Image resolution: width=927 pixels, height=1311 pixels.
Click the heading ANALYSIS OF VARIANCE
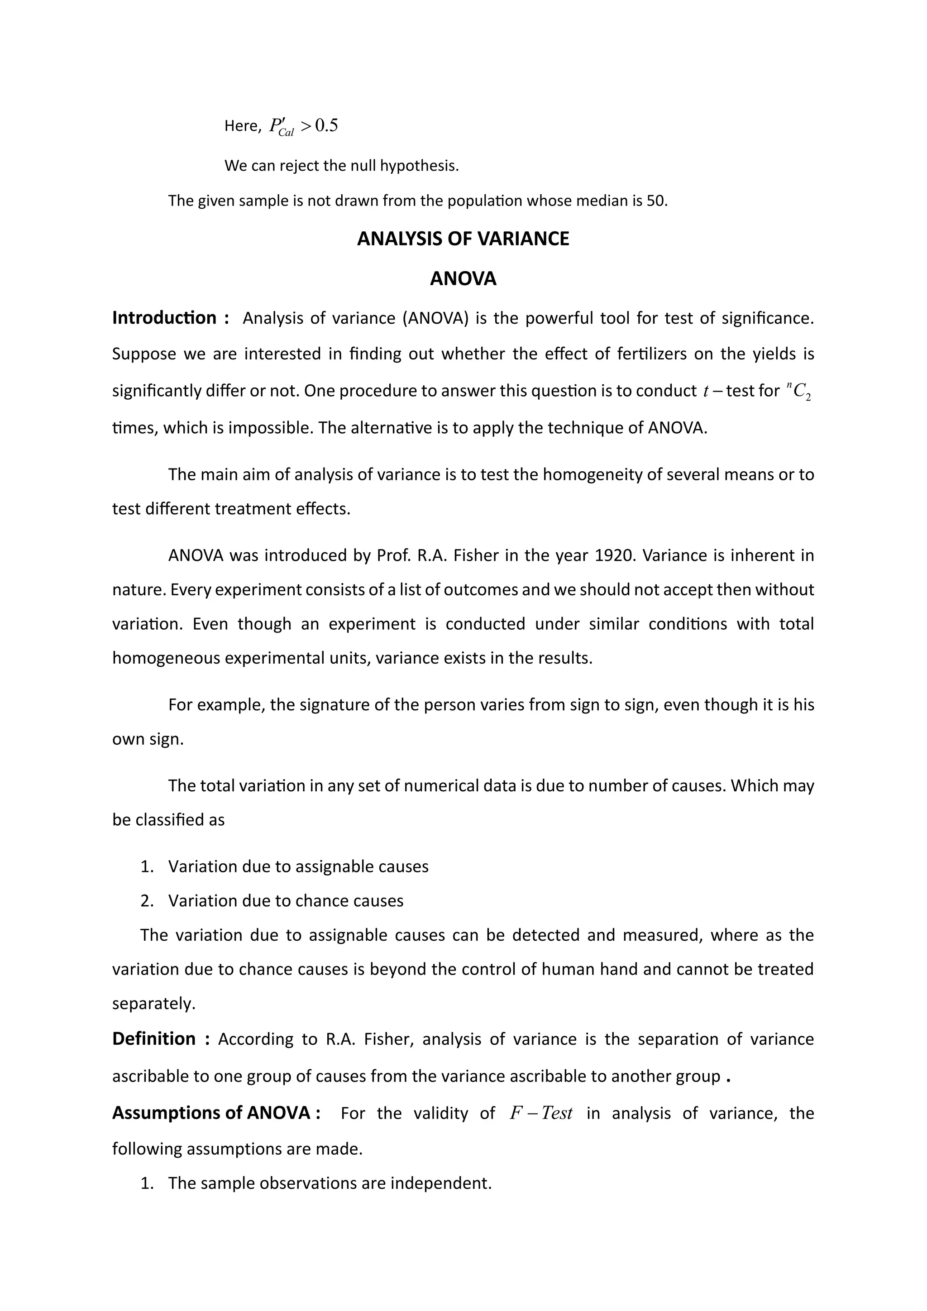click(x=463, y=239)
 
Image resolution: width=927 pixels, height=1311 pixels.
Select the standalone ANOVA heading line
click(x=463, y=279)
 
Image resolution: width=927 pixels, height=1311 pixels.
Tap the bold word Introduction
click(x=164, y=317)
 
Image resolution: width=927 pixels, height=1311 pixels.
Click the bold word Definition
click(x=154, y=1038)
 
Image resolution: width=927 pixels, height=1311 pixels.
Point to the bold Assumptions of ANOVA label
click(x=211, y=1112)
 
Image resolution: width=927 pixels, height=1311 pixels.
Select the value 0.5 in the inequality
click(x=326, y=125)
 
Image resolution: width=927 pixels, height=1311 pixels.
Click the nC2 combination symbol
click(x=798, y=391)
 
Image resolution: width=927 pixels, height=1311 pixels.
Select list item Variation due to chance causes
click(x=286, y=900)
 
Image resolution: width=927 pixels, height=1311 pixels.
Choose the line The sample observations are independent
click(x=330, y=1182)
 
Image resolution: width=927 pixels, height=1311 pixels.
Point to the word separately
click(x=153, y=1004)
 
